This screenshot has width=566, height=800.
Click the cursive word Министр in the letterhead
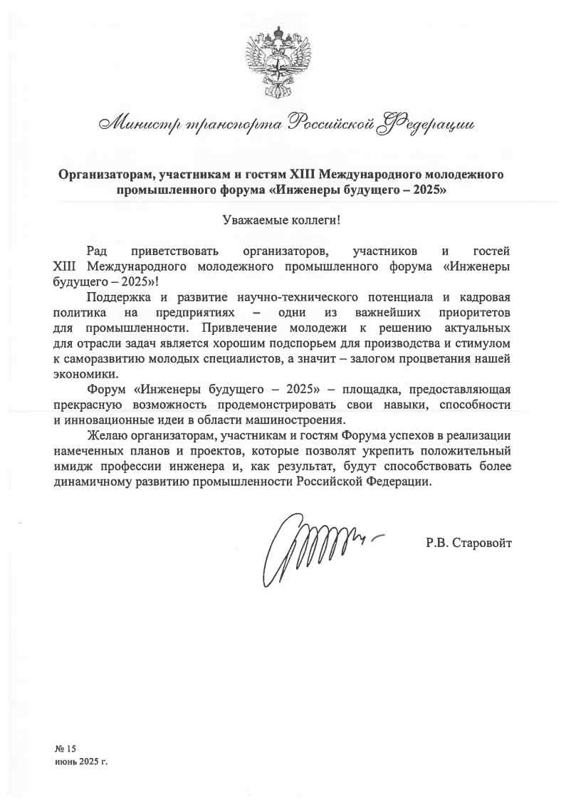point(137,123)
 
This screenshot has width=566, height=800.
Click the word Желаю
point(105,435)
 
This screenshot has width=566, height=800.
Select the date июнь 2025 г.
point(80,762)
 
